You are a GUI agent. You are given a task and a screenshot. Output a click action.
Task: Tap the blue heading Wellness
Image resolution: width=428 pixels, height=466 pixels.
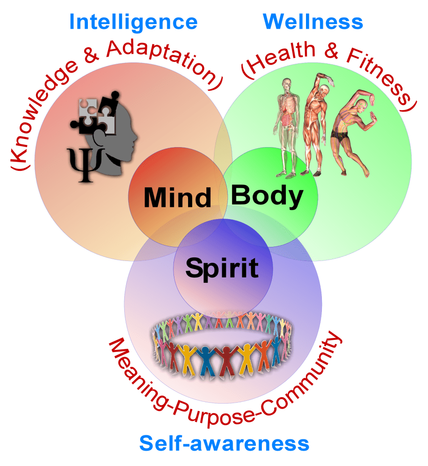pos(313,22)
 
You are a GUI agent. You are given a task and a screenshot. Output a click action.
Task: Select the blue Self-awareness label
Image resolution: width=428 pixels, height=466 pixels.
pos(224,443)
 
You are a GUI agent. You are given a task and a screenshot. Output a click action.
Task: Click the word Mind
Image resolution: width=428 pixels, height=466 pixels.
pos(178,198)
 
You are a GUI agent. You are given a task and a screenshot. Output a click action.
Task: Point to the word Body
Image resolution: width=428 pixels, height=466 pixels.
pos(267,196)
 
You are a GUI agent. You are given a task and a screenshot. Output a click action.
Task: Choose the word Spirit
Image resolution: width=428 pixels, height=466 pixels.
pos(222,267)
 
